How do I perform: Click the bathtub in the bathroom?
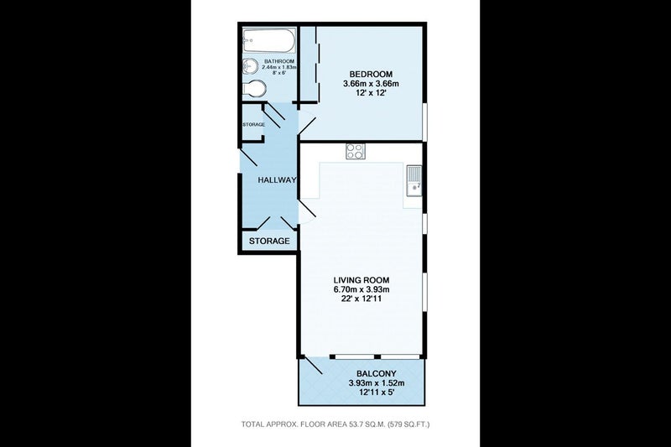tap(268, 40)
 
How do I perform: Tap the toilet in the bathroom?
tap(255, 89)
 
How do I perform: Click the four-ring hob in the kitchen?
tap(356, 151)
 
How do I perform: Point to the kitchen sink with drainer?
tap(414, 180)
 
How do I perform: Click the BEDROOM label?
tap(371, 74)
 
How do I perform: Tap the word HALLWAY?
tap(277, 180)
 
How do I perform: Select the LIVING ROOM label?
tap(362, 280)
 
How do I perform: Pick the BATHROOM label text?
tap(279, 61)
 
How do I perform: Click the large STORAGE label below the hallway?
tap(269, 241)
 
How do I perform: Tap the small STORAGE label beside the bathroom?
tap(254, 124)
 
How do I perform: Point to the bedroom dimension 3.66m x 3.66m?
tap(371, 83)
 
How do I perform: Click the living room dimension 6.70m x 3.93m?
tap(362, 289)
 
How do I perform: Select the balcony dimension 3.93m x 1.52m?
tap(376, 382)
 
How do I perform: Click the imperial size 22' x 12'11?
tap(362, 299)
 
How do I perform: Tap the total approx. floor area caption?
tap(335, 424)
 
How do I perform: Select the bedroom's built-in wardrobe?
tap(308, 65)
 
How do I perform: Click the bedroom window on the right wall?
tap(425, 121)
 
